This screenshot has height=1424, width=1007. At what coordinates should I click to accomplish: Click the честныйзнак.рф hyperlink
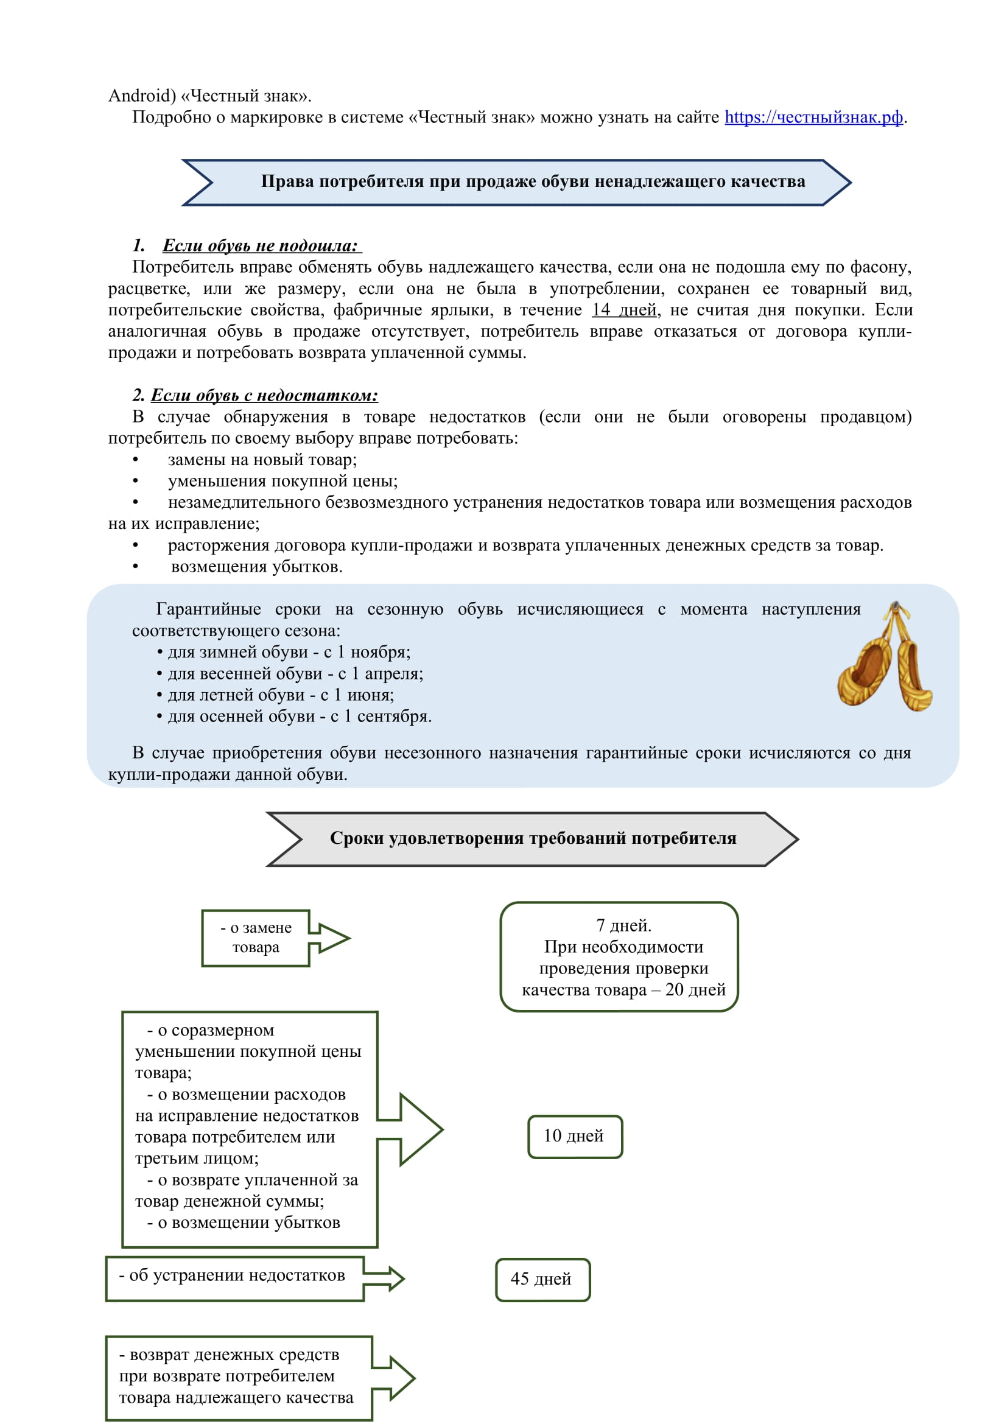(813, 117)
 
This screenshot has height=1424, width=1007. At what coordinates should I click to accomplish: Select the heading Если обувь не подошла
(261, 245)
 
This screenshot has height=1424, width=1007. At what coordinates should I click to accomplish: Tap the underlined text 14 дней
(623, 309)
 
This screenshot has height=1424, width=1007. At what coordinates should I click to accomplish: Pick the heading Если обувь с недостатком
(264, 395)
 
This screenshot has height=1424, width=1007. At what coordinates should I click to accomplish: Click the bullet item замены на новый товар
(262, 460)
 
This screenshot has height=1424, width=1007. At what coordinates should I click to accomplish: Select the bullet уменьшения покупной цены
(282, 481)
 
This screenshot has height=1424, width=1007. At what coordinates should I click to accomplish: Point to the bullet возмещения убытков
(256, 566)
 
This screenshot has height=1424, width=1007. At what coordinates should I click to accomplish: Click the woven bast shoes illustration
(885, 658)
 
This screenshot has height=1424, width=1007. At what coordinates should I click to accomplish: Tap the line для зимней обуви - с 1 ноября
(289, 652)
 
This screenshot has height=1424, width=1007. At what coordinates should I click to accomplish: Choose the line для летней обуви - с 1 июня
(280, 695)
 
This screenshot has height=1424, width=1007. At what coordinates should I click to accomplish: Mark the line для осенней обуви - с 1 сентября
(299, 717)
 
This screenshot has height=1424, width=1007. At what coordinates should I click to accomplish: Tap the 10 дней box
(574, 1135)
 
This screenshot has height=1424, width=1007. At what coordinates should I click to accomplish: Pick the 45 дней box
(542, 1279)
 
